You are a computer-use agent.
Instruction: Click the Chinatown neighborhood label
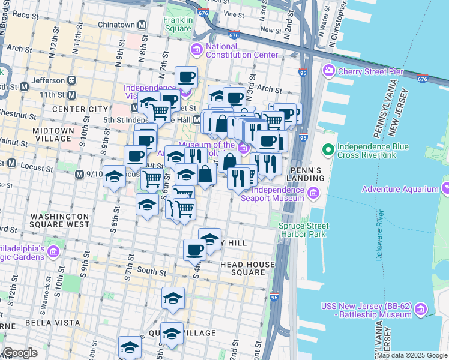(116, 25)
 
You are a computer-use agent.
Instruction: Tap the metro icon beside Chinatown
(143, 25)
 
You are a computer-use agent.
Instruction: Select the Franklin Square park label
(178, 24)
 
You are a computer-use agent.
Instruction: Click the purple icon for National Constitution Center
(196, 49)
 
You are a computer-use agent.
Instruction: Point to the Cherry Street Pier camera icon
(328, 71)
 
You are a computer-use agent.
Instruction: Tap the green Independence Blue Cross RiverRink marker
(328, 149)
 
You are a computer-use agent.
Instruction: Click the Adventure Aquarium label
(400, 190)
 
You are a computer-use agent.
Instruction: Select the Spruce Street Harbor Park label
(303, 230)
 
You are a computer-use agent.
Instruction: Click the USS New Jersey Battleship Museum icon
(421, 310)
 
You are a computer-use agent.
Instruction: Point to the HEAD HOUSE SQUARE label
(243, 268)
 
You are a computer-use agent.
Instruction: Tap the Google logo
(20, 353)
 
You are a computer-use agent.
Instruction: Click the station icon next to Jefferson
(71, 80)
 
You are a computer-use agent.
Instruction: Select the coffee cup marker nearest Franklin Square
(186, 77)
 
